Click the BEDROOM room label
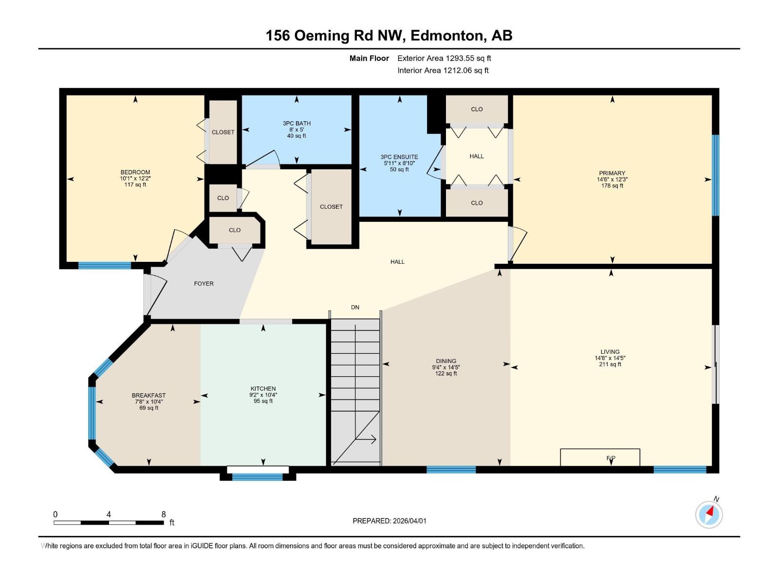pyautogui.click(x=135, y=172)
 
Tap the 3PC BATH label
pyautogui.click(x=297, y=124)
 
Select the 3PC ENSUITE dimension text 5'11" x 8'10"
pyautogui.click(x=399, y=164)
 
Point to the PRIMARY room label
pyautogui.click(x=612, y=173)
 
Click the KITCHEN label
pyautogui.click(x=263, y=389)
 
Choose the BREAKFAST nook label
pyautogui.click(x=148, y=396)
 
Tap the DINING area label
pyautogui.click(x=446, y=362)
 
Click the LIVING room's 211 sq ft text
pyautogui.click(x=610, y=365)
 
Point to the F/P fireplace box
pyautogui.click(x=600, y=457)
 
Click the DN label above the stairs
pyautogui.click(x=355, y=308)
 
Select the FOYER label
pyautogui.click(x=204, y=284)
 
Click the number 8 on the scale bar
pyautogui.click(x=164, y=514)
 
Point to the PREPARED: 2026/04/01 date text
pyautogui.click(x=389, y=521)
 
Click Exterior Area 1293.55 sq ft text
pyautogui.click(x=444, y=58)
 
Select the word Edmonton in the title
pyautogui.click(x=447, y=36)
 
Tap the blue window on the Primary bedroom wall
pyautogui.click(x=715, y=175)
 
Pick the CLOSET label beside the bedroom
pyautogui.click(x=223, y=132)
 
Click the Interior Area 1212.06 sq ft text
pyautogui.click(x=443, y=71)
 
